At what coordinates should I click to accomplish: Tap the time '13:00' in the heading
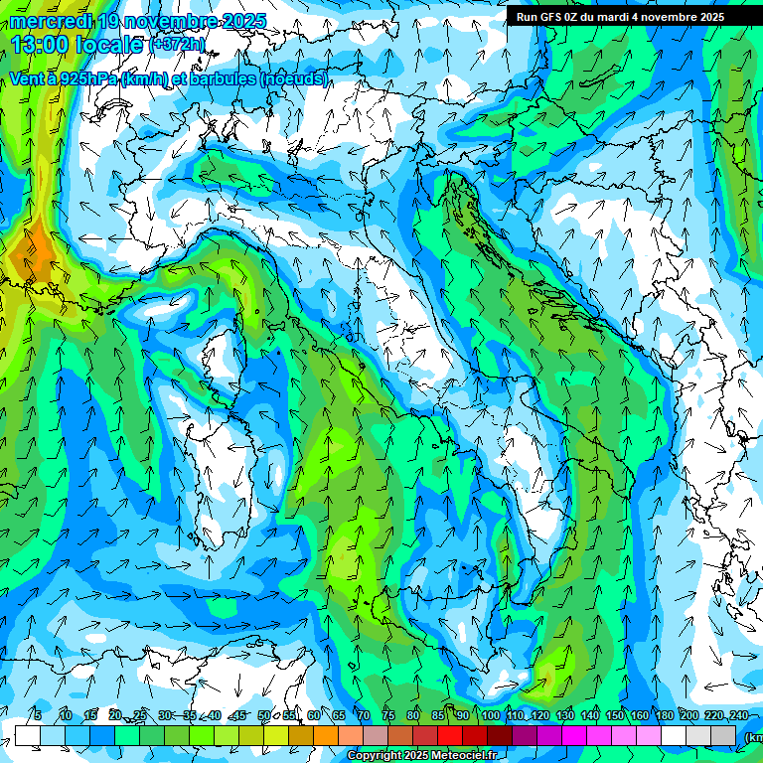point(41,45)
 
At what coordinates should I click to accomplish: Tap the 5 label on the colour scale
point(37,715)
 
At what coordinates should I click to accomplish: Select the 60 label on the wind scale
point(314,715)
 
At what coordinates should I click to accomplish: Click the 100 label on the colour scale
point(490,715)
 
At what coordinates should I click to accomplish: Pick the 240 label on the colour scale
point(738,715)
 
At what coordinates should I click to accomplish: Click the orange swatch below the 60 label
point(326,735)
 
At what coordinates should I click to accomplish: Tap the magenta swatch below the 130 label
point(574,735)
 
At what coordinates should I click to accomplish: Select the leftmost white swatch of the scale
point(28,735)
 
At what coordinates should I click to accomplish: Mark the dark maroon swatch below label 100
point(500,735)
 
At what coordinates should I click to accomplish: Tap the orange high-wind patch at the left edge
point(35,253)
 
